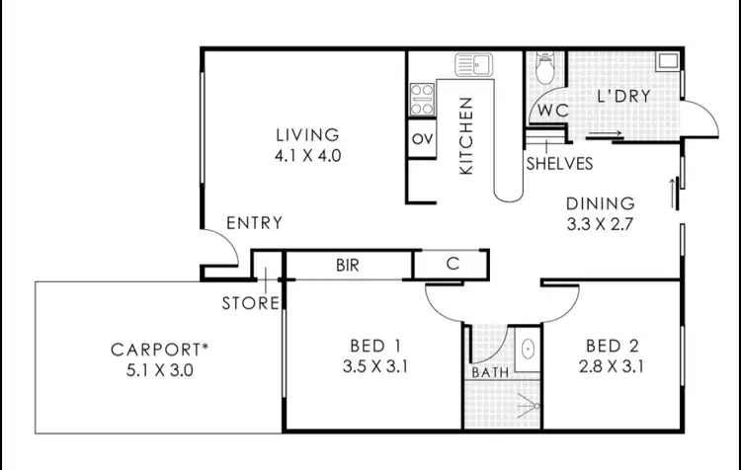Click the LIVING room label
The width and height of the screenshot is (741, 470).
pyautogui.click(x=306, y=134)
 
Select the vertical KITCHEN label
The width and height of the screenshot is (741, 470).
pyautogui.click(x=466, y=136)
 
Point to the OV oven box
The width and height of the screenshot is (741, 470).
pyautogui.click(x=422, y=137)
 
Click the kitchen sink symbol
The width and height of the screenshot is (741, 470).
pyautogui.click(x=474, y=65)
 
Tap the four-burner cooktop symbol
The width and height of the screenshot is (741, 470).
pyautogui.click(x=423, y=96)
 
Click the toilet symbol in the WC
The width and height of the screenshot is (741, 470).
pyautogui.click(x=544, y=67)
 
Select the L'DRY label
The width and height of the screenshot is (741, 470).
pyautogui.click(x=622, y=97)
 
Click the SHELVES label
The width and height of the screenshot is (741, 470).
pyautogui.click(x=559, y=164)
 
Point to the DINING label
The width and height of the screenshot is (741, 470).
pyautogui.click(x=598, y=203)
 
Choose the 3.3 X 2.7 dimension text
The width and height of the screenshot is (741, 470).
pyautogui.click(x=598, y=223)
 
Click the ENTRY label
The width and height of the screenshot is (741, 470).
pyautogui.click(x=254, y=223)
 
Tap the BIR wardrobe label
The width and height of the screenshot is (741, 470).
pyautogui.click(x=348, y=266)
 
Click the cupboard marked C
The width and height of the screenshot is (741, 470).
pyautogui.click(x=451, y=265)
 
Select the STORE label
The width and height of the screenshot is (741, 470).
pyautogui.click(x=249, y=303)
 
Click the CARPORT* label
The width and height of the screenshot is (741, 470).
pyautogui.click(x=166, y=349)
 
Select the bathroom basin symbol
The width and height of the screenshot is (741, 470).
pyautogui.click(x=527, y=349)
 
